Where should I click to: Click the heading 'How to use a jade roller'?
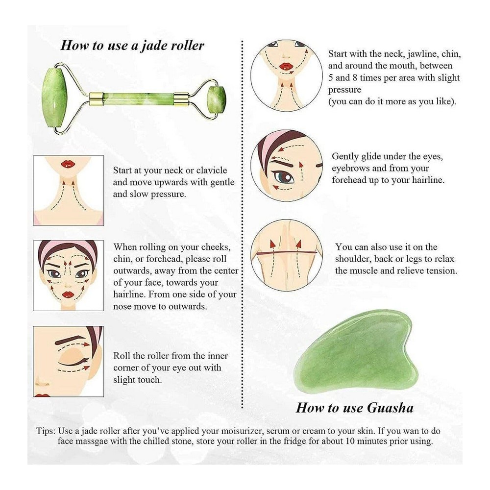132,46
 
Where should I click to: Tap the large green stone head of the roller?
55,98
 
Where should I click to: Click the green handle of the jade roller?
139,98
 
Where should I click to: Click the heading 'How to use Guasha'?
355,408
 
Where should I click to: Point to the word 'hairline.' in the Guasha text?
428,180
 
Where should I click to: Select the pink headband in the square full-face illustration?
69,248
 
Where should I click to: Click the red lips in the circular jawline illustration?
286,66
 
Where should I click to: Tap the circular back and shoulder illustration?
287,255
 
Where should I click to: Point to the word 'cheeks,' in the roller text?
216,247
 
